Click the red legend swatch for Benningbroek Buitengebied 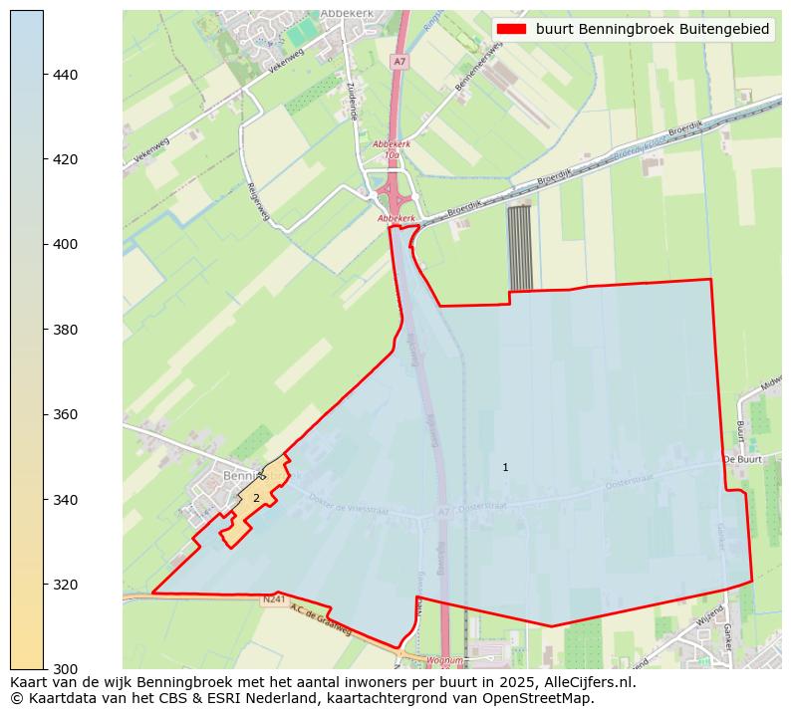pos(512,29)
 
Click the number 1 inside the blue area pos(505,467)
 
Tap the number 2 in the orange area pos(256,498)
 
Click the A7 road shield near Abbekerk pos(399,62)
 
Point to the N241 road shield pos(274,600)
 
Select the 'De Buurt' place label pos(742,459)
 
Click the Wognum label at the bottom pos(443,660)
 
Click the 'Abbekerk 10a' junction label pos(392,149)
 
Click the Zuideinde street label pos(352,100)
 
